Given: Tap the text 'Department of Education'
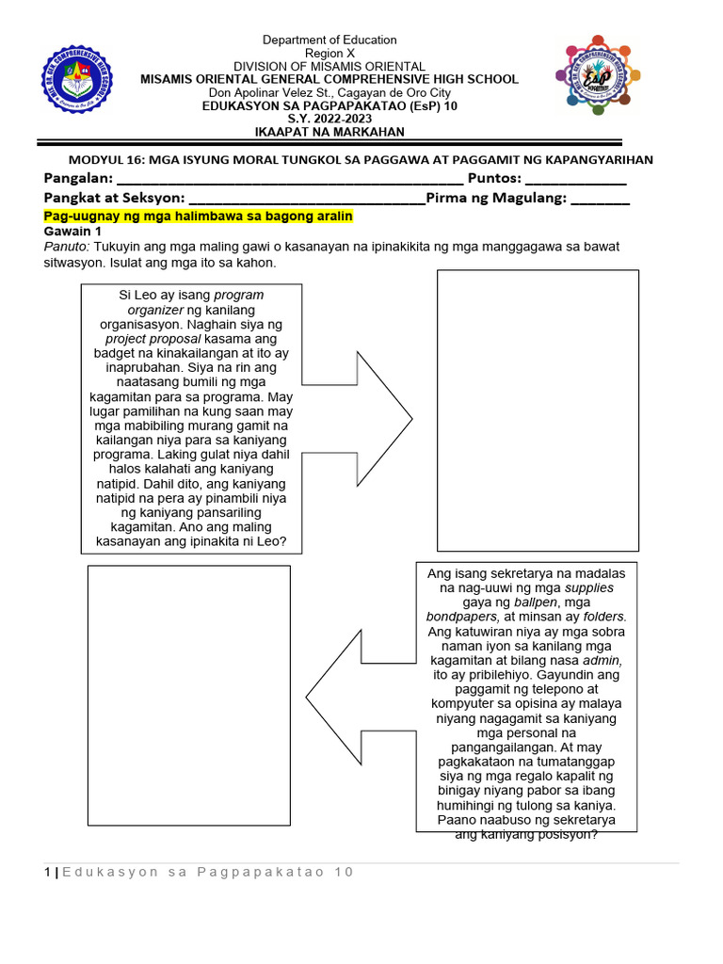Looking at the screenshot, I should pyautogui.click(x=329, y=40).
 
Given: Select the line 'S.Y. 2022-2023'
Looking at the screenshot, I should pyautogui.click(x=329, y=119).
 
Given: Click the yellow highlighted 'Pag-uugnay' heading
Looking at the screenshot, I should pyautogui.click(x=198, y=217).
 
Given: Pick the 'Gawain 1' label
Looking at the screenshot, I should pyautogui.click(x=72, y=231).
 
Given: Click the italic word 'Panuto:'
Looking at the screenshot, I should pyautogui.click(x=66, y=246).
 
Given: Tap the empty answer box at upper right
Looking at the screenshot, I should pyautogui.click(x=538, y=410).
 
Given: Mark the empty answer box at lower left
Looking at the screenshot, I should pyautogui.click(x=189, y=697).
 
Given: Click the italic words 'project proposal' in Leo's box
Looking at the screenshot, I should pyautogui.click(x=153, y=338).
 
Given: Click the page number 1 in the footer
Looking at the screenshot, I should pyautogui.click(x=47, y=872).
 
